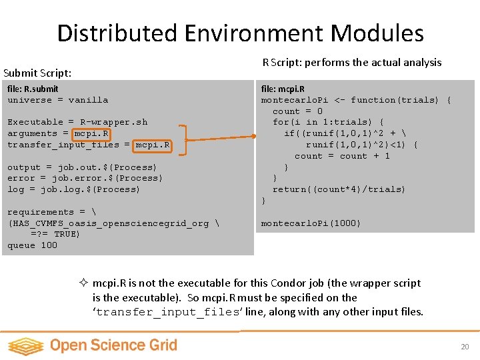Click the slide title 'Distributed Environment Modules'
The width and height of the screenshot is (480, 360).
[x=240, y=33]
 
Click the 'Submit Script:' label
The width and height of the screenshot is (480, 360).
[x=37, y=73]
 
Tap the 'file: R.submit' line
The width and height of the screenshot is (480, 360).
[x=33, y=89]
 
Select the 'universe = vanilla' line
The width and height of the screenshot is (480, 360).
[x=57, y=100]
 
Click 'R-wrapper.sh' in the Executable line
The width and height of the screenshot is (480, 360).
[x=113, y=122]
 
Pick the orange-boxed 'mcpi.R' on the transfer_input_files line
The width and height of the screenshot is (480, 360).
[x=153, y=145]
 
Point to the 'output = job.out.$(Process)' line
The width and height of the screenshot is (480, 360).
[x=82, y=167]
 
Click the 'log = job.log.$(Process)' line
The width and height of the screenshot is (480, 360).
[x=73, y=189]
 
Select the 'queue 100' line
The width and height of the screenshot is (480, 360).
[x=32, y=245]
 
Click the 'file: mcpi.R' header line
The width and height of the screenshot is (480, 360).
[x=283, y=89]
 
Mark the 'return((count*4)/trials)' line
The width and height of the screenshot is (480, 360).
[x=339, y=189]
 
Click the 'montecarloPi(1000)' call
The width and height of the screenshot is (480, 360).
[x=311, y=223]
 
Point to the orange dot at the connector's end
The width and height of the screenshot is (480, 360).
[x=254, y=137]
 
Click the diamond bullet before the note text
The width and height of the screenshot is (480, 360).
[x=83, y=283]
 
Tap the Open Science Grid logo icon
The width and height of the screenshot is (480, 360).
[x=25, y=345]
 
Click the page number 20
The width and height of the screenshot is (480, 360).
[x=465, y=347]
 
